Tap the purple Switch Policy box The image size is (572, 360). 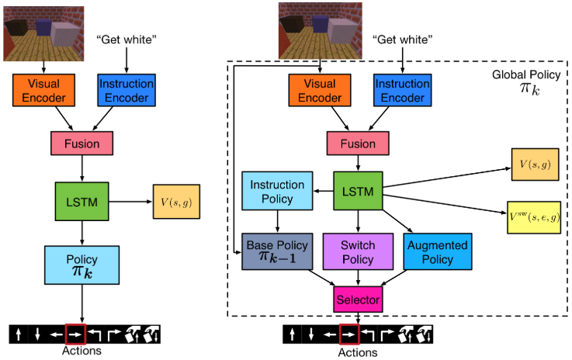tap(358, 250)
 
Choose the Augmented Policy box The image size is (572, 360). tap(436, 250)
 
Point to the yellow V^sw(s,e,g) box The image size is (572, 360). tap(538, 213)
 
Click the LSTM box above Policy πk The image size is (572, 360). tap(82, 201)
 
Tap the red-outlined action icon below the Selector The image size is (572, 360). tap(349, 335)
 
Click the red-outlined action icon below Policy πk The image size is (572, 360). tap(76, 335)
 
